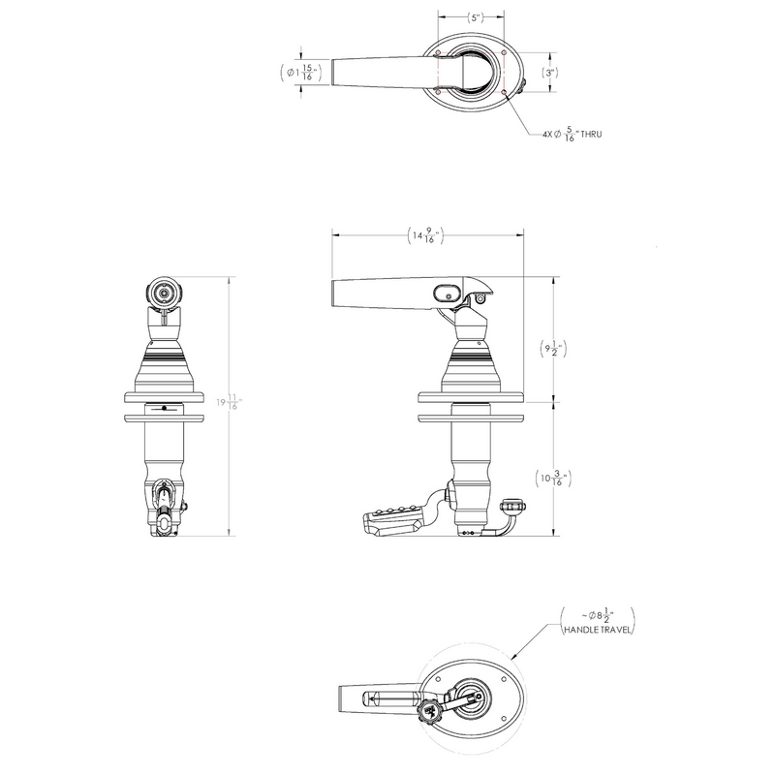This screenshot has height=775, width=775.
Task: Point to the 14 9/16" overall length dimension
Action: click(x=427, y=234)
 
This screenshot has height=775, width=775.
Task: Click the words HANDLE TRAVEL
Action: click(x=597, y=631)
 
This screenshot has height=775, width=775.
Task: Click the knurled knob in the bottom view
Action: click(x=430, y=714)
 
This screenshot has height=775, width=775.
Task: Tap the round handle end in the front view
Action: click(x=165, y=292)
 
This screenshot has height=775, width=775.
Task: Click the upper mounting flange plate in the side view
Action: click(x=470, y=397)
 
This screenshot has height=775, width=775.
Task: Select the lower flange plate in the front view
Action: click(x=165, y=418)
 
